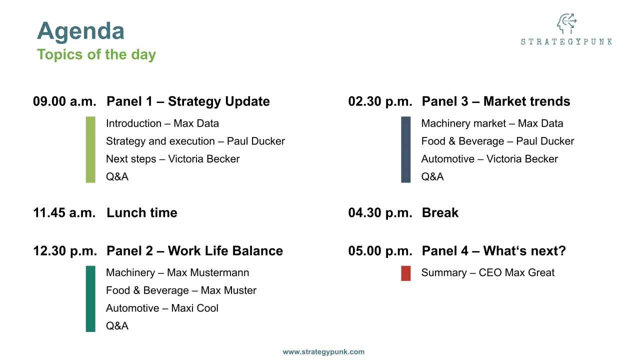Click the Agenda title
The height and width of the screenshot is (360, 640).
(80, 32)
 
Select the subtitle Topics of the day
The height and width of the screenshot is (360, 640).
(96, 54)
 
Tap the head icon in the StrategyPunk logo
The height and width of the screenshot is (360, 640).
(566, 23)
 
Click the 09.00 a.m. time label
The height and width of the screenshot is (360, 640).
(64, 101)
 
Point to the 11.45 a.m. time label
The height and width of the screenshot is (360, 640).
(64, 213)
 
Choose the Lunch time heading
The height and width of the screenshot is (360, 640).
(142, 213)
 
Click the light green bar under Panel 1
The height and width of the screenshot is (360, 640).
(90, 149)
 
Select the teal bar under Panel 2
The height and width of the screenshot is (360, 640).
(90, 299)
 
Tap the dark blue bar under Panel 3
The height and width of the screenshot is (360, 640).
(405, 149)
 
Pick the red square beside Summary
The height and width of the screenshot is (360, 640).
(405, 273)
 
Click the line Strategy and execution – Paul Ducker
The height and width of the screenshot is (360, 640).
(195, 141)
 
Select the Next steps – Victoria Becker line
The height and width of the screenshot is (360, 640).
(173, 159)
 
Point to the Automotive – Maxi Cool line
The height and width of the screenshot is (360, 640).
(162, 308)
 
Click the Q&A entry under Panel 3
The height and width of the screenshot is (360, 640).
(432, 176)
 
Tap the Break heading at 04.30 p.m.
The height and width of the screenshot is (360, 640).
(440, 213)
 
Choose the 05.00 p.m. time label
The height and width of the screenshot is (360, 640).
(380, 251)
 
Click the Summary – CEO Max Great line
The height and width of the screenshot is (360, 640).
(488, 272)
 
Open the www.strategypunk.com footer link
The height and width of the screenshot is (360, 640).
(323, 351)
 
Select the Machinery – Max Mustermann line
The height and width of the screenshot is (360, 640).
(177, 272)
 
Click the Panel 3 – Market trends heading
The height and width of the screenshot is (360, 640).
(496, 101)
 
